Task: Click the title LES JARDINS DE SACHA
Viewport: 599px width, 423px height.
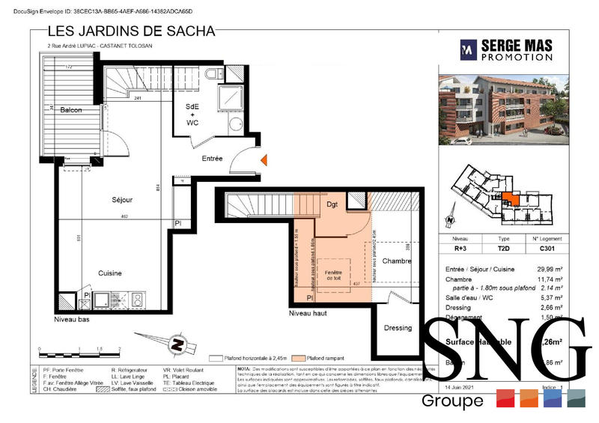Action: pos(131,31)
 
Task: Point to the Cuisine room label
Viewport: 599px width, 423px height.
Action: pos(111,273)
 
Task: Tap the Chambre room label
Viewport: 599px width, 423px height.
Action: pos(397,261)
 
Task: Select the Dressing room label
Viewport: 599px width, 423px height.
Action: pos(397,327)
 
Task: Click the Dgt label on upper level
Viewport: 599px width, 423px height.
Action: pos(333,204)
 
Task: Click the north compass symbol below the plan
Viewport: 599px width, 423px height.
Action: pos(178,345)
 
